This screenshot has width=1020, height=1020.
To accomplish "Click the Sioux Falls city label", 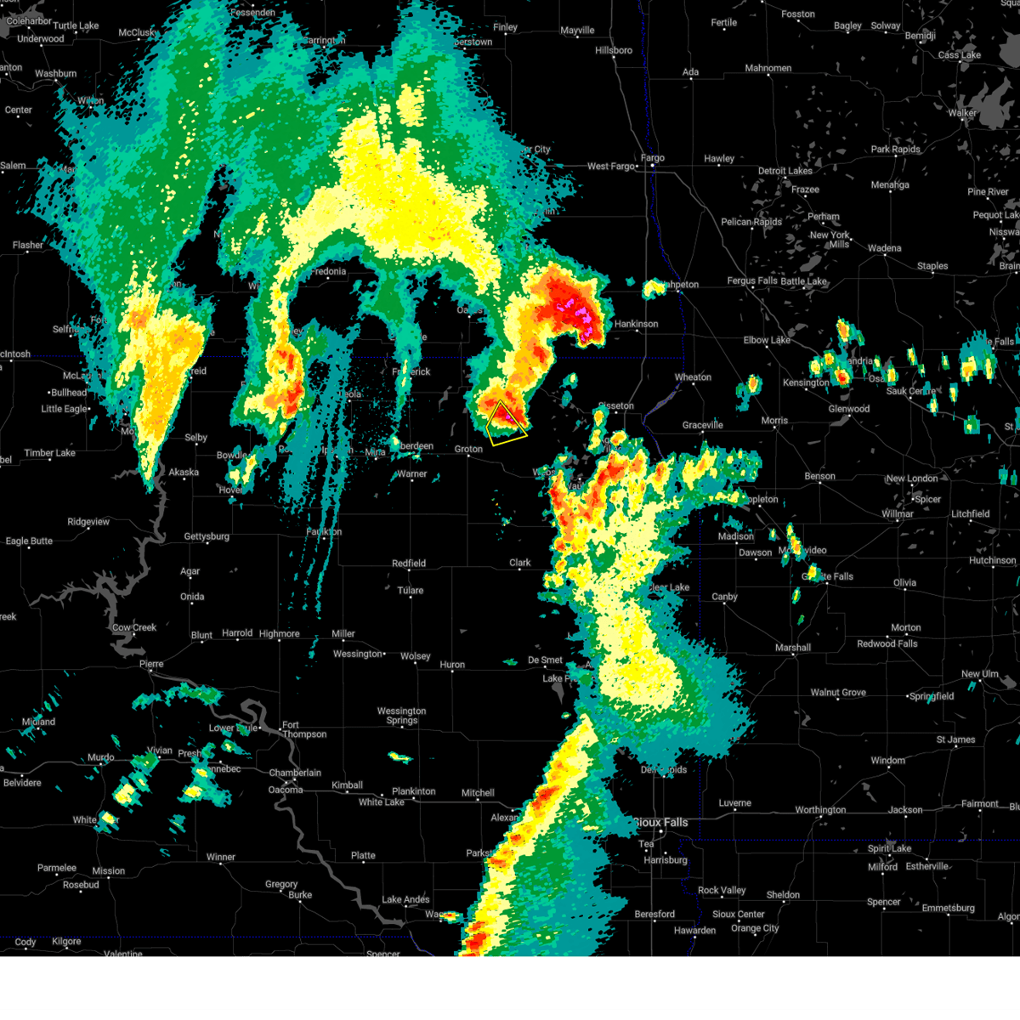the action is pyautogui.click(x=661, y=822).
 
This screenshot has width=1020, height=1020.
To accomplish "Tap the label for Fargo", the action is pyautogui.click(x=652, y=158).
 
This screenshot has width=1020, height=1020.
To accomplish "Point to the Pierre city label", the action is pyautogui.click(x=150, y=664).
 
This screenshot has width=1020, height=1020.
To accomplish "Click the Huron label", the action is pyautogui.click(x=452, y=665).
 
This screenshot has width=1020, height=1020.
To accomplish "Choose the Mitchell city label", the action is pyautogui.click(x=478, y=793).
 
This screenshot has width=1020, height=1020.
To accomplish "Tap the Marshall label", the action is pyautogui.click(x=792, y=648).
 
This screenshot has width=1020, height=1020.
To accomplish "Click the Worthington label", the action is pyautogui.click(x=820, y=810).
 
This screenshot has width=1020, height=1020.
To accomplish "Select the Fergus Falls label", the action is pyautogui.click(x=751, y=281).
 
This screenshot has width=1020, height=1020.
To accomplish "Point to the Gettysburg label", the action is pyautogui.click(x=207, y=536).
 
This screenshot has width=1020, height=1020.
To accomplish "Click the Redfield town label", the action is pyautogui.click(x=409, y=564).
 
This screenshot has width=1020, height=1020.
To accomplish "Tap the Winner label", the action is pyautogui.click(x=220, y=857).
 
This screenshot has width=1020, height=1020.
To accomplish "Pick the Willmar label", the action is pyautogui.click(x=898, y=514).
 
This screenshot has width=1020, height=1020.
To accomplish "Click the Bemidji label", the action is pyautogui.click(x=920, y=36).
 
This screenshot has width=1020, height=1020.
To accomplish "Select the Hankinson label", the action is pyautogui.click(x=636, y=324).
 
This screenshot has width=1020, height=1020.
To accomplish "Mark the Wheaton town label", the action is pyautogui.click(x=693, y=377).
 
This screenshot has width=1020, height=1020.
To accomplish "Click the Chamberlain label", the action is pyautogui.click(x=295, y=773).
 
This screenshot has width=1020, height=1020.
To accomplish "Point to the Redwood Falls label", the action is pyautogui.click(x=887, y=643).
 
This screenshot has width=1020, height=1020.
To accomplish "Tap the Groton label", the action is pyautogui.click(x=468, y=449).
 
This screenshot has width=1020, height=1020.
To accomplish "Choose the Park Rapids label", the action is pyautogui.click(x=895, y=150).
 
